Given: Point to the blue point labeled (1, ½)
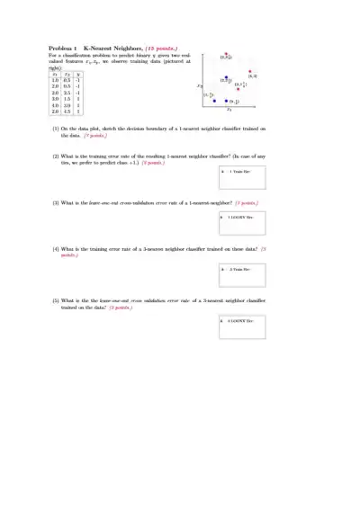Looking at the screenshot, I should tap(214, 101).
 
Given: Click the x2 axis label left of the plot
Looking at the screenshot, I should tap(200, 85).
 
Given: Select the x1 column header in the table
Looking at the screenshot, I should tap(56, 74).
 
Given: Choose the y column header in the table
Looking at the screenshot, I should tap(79, 74).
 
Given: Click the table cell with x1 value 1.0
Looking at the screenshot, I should tap(56, 80).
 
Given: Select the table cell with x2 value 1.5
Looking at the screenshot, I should tap(67, 98).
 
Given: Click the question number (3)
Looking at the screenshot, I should tap(55, 203).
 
